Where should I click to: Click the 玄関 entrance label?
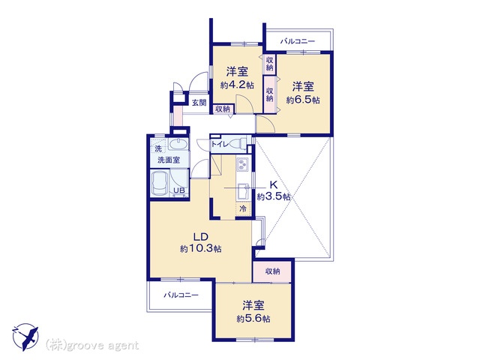(x=199, y=103)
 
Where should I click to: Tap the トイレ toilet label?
(x=220, y=144)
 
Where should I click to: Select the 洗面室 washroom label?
(x=169, y=160)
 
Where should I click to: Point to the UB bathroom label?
(x=179, y=190)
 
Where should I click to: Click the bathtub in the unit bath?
(x=160, y=184)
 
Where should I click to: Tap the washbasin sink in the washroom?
(x=178, y=144)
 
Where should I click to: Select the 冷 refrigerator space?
(x=243, y=209)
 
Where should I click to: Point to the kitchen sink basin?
(x=244, y=192)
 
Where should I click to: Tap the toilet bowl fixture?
(x=239, y=143)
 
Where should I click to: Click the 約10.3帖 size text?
(x=200, y=248)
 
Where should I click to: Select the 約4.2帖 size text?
(x=237, y=85)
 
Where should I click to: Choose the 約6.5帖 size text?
(x=303, y=100)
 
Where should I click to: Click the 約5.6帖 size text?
(x=253, y=319)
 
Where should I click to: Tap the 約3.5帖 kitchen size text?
(x=274, y=196)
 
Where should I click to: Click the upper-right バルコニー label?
(x=298, y=41)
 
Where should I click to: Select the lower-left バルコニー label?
(x=181, y=295)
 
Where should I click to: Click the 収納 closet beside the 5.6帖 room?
(x=272, y=271)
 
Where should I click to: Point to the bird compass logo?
(x=25, y=337)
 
